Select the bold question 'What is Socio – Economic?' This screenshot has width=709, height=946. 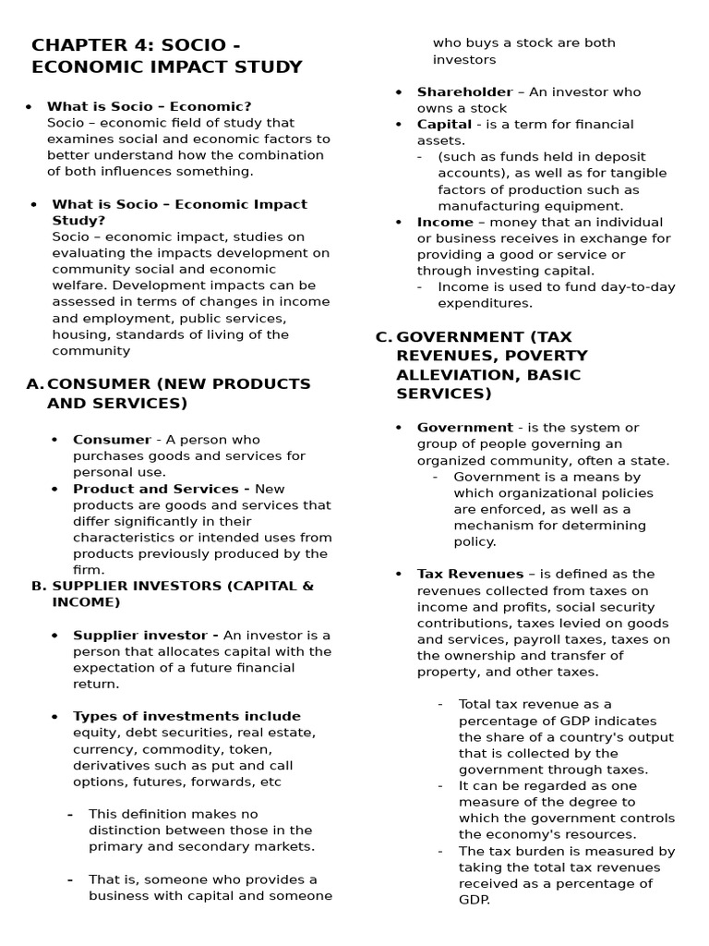tap(149, 106)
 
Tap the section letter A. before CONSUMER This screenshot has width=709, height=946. tap(35, 383)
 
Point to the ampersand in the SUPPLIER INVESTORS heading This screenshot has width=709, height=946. tap(308, 586)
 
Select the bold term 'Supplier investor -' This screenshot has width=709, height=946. tap(145, 636)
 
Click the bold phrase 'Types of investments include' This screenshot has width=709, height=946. tap(186, 716)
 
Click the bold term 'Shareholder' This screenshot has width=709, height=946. tap(464, 91)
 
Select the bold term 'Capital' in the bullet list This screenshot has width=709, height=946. tap(444, 124)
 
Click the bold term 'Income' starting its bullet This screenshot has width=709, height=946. tap(445, 222)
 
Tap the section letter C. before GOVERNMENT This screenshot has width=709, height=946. tap(384, 336)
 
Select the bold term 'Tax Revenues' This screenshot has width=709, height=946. tap(470, 574)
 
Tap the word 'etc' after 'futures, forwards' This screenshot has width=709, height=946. tap(270, 782)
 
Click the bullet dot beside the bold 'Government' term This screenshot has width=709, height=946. tap(399, 428)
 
